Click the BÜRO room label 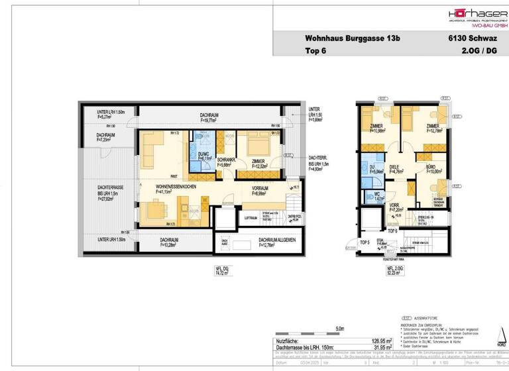[422, 170]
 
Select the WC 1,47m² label [379, 196]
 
